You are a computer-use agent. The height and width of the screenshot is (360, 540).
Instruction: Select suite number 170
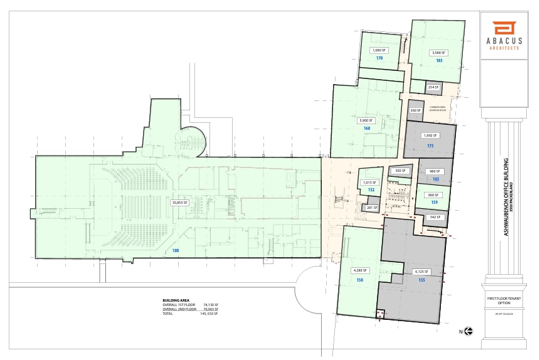pos(379,58)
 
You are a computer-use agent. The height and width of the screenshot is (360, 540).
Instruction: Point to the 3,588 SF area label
pos(437,53)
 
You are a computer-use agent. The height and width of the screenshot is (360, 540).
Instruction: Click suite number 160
pos(367,128)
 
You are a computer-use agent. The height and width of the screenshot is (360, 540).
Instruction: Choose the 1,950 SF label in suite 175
pos(430,135)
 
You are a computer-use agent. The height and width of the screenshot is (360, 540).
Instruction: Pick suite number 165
pos(435,179)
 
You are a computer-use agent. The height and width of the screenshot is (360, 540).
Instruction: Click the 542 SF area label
pos(434,217)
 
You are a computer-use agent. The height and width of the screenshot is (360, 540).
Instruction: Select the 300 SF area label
pos(399,171)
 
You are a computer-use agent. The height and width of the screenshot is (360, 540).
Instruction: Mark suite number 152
pos(371,189)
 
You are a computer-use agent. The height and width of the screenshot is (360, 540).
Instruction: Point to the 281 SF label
pos(370,208)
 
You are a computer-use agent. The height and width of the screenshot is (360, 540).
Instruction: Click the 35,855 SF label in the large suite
pos(180,202)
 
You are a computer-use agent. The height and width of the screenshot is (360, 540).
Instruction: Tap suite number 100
pos(176,251)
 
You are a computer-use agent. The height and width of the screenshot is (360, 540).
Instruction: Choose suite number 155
pos(421,280)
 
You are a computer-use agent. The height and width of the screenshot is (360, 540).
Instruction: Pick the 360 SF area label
pos(414,110)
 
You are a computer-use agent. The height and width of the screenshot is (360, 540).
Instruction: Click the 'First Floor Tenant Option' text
pos(503,300)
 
